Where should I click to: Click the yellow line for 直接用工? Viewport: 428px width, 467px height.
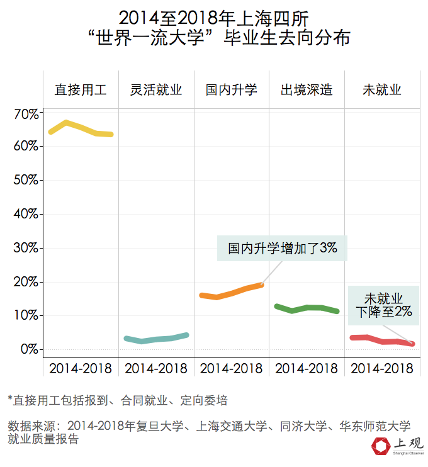[x=81, y=128]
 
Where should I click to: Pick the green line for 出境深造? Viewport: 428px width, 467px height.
[x=307, y=308]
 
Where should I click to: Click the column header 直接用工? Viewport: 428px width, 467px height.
[x=81, y=89]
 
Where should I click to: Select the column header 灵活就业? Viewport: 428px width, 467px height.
[x=156, y=89]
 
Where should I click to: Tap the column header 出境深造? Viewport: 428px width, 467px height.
[x=307, y=89]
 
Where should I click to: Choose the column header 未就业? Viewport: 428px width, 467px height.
[x=382, y=89]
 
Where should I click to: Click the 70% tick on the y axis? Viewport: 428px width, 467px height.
[x=26, y=114]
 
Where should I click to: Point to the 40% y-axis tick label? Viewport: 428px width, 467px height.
[x=26, y=214]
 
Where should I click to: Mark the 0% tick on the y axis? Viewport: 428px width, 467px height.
[x=29, y=349]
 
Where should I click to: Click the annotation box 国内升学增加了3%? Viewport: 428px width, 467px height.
[x=283, y=248]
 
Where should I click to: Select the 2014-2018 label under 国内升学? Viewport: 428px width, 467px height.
[x=232, y=368]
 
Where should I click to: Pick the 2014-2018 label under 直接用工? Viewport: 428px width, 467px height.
[x=81, y=368]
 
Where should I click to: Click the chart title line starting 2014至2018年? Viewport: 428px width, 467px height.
[x=214, y=17]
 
